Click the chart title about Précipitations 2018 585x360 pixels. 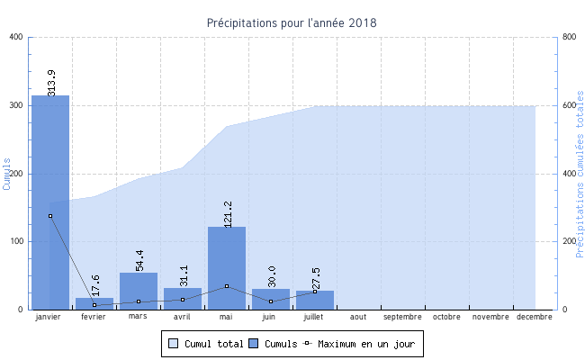[292, 22]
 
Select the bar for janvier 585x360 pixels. [50, 202]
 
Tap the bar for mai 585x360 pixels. [227, 268]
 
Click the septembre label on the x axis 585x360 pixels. [402, 317]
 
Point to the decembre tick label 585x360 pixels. [535, 317]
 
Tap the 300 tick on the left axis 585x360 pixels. [17, 105]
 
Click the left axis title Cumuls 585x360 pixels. [7, 173]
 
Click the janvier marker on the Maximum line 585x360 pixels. [50, 216]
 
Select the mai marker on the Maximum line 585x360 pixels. [227, 286]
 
